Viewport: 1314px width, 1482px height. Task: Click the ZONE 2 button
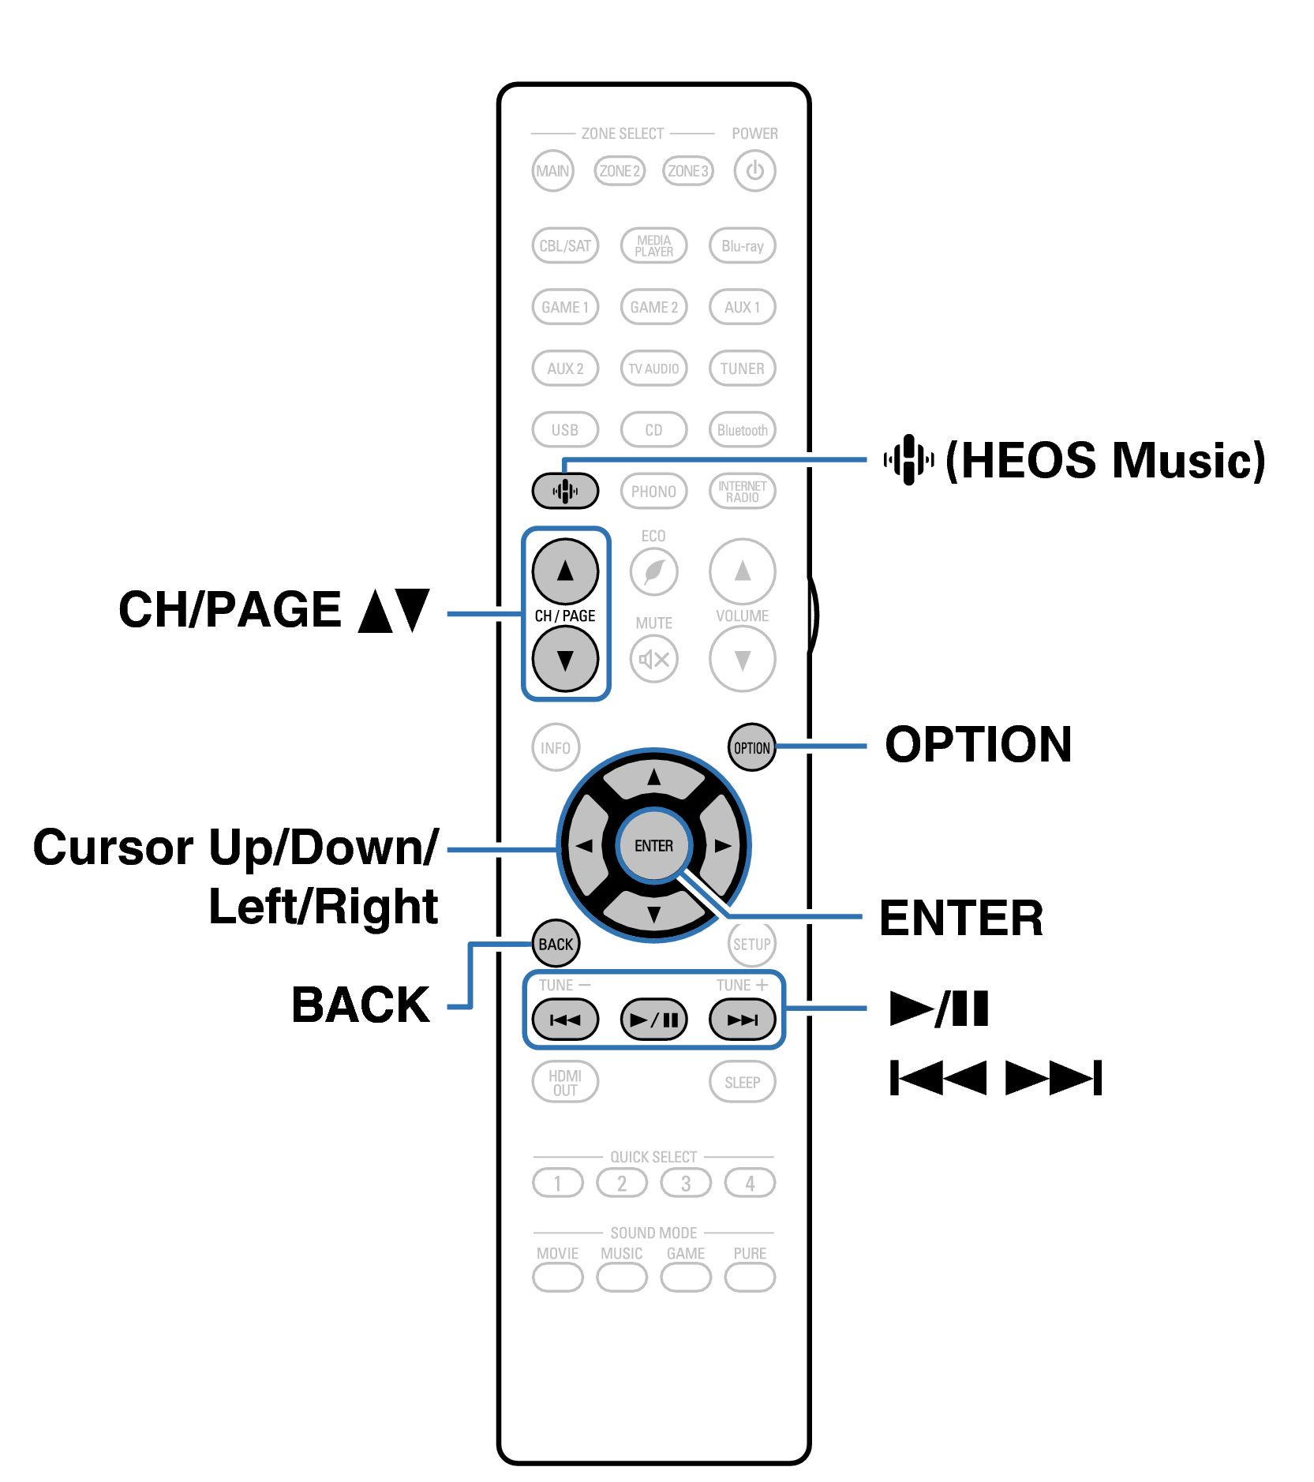pos(620,170)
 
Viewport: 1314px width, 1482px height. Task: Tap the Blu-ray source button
pos(742,245)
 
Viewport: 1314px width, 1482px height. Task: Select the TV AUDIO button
pos(653,369)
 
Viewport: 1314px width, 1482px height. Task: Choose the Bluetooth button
pos(742,430)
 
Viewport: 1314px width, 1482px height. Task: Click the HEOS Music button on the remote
pos(565,491)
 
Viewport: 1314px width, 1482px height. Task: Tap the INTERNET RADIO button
pos(742,491)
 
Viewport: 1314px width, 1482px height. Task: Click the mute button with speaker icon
pos(653,659)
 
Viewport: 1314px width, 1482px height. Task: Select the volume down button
pos(742,659)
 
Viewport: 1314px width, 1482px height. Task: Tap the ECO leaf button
pos(653,571)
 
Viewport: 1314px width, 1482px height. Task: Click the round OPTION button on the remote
pos(751,747)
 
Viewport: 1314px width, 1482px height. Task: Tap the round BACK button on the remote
pos(556,944)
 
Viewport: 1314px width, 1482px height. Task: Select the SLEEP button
pos(742,1082)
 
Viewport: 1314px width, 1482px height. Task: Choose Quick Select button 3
pos(686,1183)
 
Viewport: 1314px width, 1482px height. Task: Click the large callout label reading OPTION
pos(978,744)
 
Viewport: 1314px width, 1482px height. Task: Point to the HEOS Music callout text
pos(1105,460)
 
